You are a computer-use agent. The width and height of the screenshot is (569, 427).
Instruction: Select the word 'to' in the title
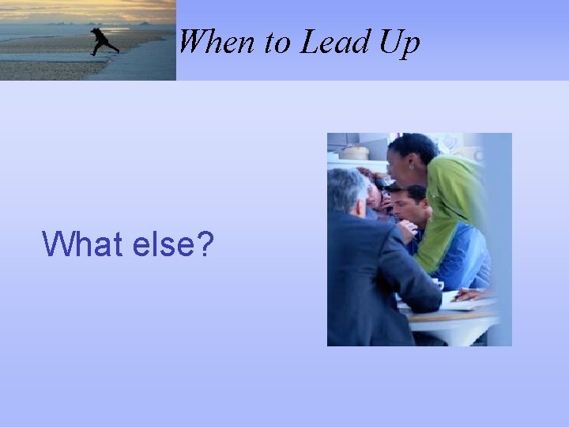tap(277, 43)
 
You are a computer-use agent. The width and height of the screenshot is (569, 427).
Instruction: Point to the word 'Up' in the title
tap(399, 43)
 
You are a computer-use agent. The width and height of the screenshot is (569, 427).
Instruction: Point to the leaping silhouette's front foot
tap(116, 51)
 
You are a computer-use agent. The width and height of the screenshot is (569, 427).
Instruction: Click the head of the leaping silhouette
tap(95, 31)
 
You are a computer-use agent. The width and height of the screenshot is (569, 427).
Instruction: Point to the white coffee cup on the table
tap(437, 283)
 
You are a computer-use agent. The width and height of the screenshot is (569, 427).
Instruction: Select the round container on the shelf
tap(355, 151)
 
